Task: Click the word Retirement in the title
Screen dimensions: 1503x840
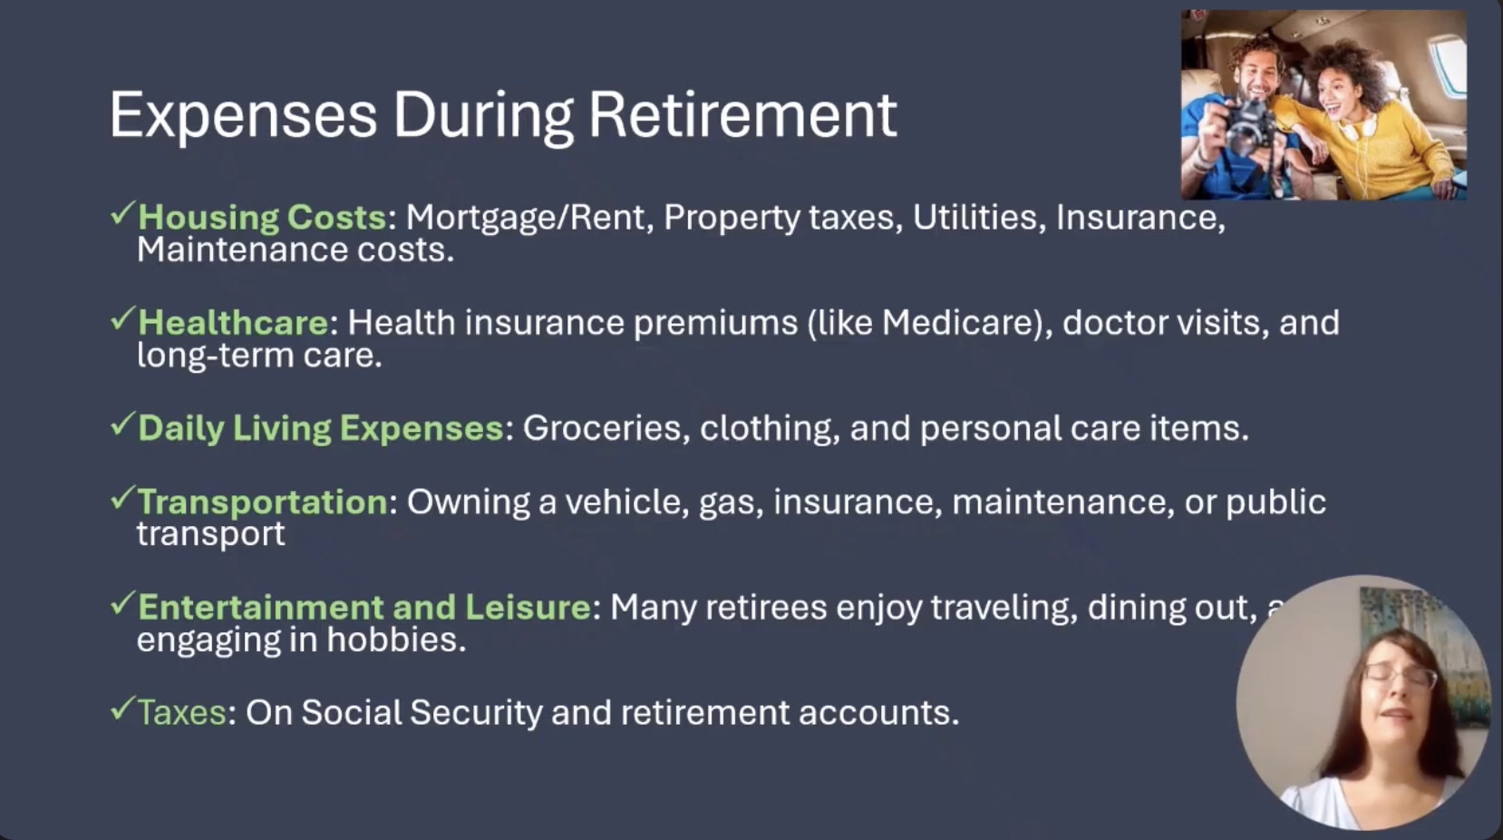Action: point(742,115)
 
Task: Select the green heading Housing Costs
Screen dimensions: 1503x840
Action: point(262,218)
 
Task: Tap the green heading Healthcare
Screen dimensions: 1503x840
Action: point(233,322)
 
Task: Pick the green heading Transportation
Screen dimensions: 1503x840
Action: point(262,503)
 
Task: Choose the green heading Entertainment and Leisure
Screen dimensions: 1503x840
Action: point(364,607)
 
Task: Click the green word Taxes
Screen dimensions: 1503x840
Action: point(182,712)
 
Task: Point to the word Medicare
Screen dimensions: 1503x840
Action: point(961,322)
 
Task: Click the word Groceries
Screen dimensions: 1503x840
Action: point(602,428)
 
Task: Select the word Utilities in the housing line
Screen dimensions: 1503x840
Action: point(975,217)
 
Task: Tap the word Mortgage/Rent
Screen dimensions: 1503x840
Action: point(526,219)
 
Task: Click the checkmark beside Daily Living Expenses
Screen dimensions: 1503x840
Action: point(122,425)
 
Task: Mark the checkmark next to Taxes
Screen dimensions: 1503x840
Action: point(122,708)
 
